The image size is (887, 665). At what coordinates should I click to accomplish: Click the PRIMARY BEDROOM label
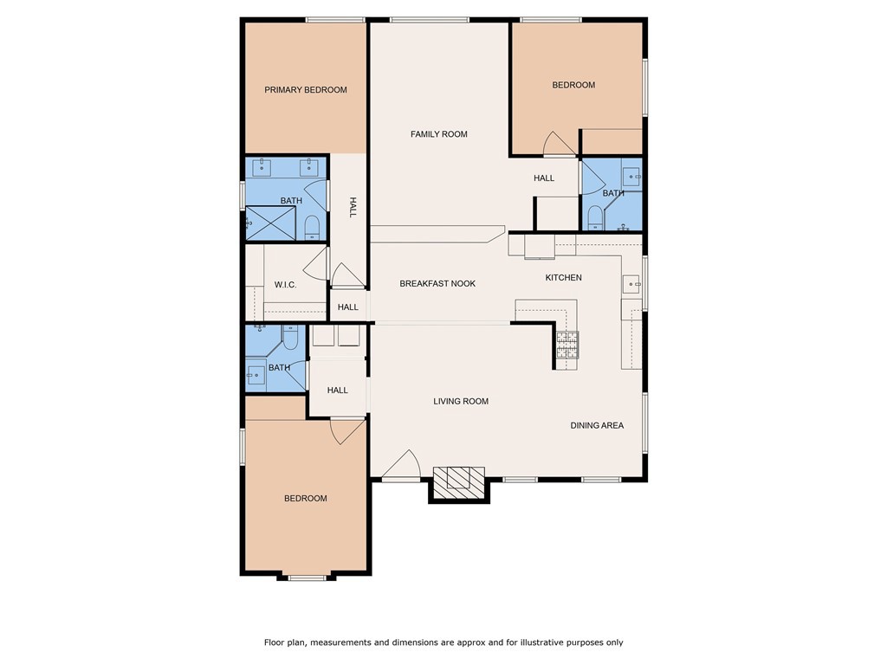306,90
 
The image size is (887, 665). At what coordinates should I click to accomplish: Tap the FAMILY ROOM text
438,134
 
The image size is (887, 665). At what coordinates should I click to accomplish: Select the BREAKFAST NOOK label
437,284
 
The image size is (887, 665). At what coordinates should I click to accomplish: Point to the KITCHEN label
563,278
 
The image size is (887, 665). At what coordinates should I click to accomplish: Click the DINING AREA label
597,425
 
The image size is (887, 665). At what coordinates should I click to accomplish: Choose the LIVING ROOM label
461,402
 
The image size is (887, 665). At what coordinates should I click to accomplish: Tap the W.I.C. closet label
287,285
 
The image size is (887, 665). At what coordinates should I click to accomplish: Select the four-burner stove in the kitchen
567,345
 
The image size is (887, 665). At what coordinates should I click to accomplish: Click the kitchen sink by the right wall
631,283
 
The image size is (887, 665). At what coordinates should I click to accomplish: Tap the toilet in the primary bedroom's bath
313,228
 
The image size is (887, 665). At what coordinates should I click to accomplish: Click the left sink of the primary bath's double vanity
262,166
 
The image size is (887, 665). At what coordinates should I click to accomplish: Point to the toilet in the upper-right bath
595,216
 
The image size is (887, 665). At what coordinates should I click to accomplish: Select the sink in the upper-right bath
632,177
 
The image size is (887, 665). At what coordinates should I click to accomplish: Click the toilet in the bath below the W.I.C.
291,339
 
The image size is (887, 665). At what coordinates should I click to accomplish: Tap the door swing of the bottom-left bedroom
346,430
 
